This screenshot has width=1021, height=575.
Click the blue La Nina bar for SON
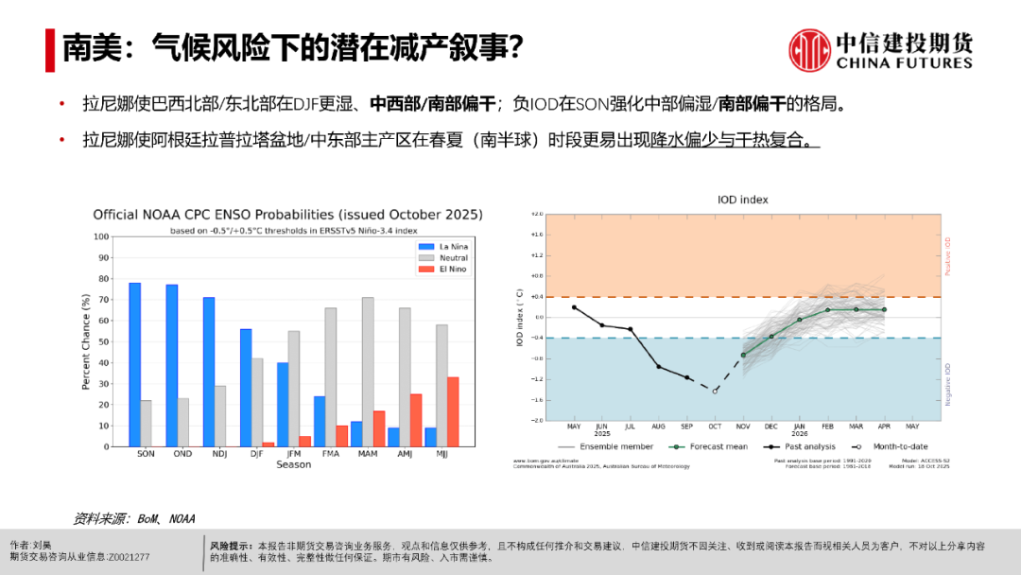(x=134, y=364)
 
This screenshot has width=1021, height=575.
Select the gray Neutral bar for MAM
(x=368, y=372)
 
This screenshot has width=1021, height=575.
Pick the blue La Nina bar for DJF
(x=246, y=388)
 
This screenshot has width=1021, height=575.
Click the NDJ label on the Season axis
(x=219, y=454)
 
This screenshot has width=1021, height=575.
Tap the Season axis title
(x=293, y=464)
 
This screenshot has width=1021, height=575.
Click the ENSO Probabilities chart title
(x=287, y=215)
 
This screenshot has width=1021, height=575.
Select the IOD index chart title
(x=743, y=200)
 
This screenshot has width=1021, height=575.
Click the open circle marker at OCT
(x=715, y=391)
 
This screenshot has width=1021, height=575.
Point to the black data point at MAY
(x=574, y=307)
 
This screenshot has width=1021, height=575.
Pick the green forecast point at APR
(x=885, y=309)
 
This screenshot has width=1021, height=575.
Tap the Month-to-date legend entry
(x=893, y=446)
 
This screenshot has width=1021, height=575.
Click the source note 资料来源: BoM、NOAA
(x=134, y=518)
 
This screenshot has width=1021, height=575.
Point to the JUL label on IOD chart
(x=630, y=427)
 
